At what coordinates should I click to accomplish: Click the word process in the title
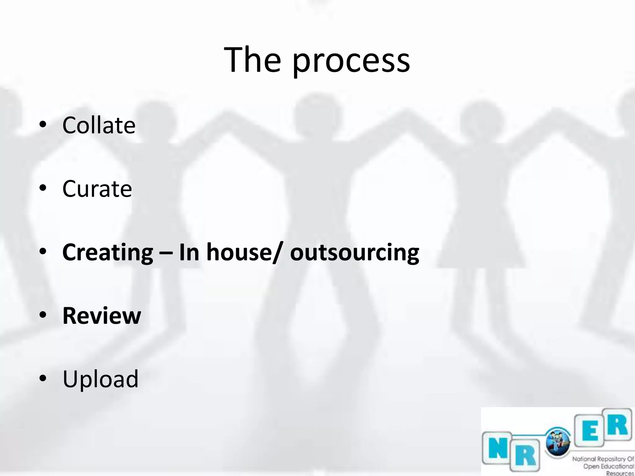tap(351, 62)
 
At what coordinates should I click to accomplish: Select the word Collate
tap(99, 125)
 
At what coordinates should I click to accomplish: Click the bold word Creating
tap(108, 253)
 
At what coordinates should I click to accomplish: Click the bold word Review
tap(102, 316)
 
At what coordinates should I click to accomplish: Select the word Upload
tap(100, 379)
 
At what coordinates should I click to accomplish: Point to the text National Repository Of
tap(603, 459)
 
